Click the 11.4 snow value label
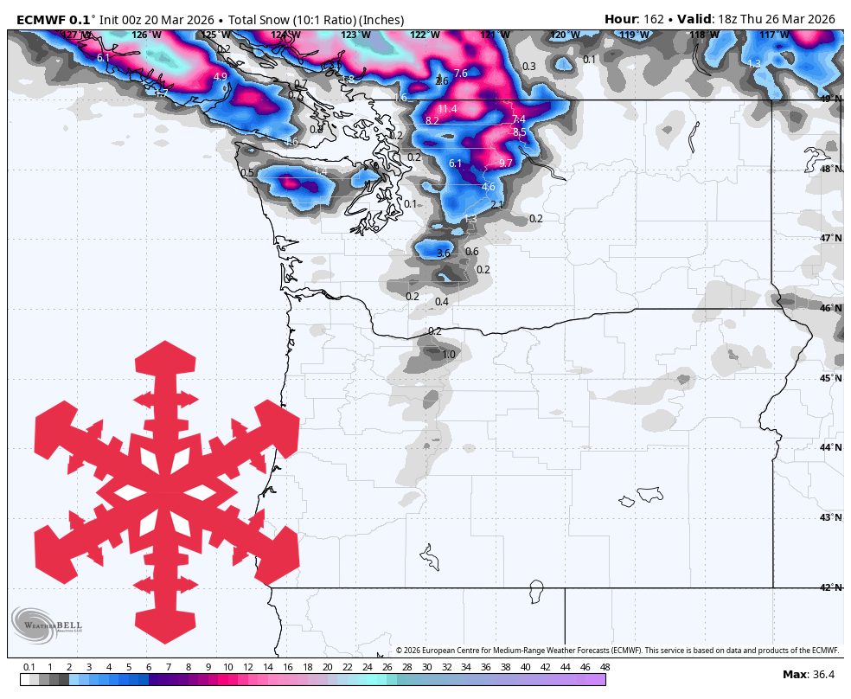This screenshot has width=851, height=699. (447, 109)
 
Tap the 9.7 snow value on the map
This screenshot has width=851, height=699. (506, 163)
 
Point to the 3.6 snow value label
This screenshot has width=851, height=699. (444, 253)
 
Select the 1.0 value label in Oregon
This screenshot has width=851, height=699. (449, 355)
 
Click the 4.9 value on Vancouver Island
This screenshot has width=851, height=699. (220, 77)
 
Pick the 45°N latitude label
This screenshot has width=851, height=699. (831, 378)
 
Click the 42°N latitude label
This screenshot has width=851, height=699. (831, 587)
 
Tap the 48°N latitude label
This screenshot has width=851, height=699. (831, 169)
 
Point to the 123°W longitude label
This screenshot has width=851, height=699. (355, 35)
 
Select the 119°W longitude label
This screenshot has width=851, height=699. (634, 35)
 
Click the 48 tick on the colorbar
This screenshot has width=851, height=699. (605, 667)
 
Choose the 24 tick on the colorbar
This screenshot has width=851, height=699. (367, 667)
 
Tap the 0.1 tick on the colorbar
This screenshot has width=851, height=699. (29, 667)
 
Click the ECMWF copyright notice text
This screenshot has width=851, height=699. (617, 651)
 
